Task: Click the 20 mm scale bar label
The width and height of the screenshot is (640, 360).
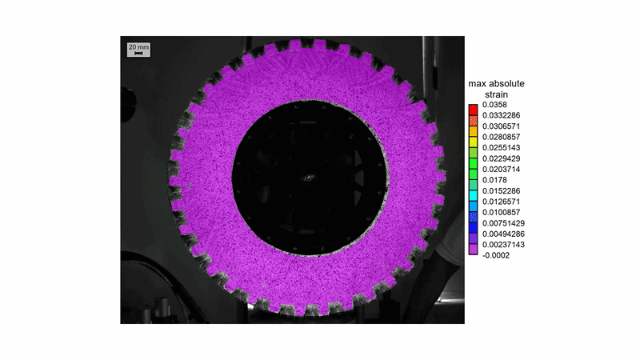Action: (x=138, y=47)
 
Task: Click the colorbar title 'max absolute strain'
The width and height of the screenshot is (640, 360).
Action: (x=496, y=89)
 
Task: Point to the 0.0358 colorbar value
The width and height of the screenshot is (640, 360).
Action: (x=494, y=105)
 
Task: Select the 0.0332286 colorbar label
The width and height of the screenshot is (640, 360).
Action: (x=502, y=115)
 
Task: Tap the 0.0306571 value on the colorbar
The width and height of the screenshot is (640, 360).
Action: (x=502, y=126)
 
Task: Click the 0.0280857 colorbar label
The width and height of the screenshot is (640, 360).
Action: (x=502, y=137)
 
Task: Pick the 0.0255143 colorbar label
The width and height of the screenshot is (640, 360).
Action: (x=502, y=148)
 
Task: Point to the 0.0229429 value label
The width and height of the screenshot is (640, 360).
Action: (x=502, y=158)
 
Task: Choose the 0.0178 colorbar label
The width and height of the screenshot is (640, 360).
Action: (x=494, y=180)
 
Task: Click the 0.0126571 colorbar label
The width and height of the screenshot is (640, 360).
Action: (x=502, y=202)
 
